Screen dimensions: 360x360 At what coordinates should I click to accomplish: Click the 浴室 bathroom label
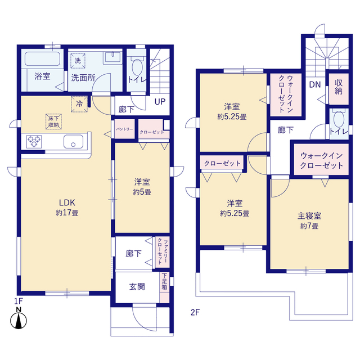42,76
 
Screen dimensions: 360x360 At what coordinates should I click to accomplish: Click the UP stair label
160,102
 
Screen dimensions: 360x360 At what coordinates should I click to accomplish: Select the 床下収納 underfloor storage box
53,120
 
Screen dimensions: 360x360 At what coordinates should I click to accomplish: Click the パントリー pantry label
124,129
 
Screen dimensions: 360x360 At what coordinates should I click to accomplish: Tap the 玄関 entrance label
137,286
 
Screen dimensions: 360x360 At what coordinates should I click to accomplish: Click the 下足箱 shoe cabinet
164,281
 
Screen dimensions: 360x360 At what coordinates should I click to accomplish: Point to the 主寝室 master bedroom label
308,220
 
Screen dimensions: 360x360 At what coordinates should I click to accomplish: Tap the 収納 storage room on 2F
338,87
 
